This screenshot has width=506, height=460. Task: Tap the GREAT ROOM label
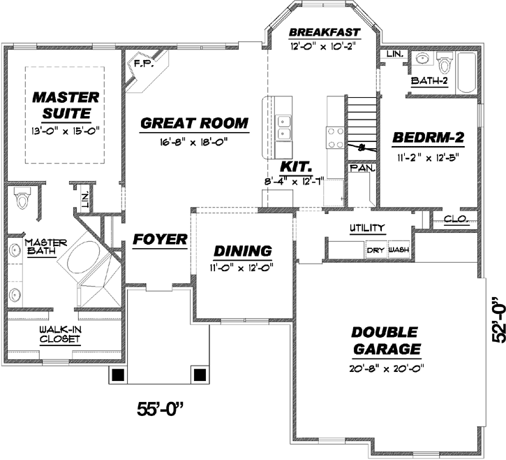[194, 124]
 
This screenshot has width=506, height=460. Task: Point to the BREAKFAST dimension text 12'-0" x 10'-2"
[324, 47]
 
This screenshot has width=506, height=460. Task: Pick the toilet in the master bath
[22, 199]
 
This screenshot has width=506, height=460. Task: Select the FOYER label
[161, 240]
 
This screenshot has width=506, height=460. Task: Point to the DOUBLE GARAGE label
[385, 340]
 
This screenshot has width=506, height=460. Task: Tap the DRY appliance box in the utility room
[376, 250]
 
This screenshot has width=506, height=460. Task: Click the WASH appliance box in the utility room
[399, 250]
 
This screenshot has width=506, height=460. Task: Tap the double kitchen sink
[284, 127]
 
